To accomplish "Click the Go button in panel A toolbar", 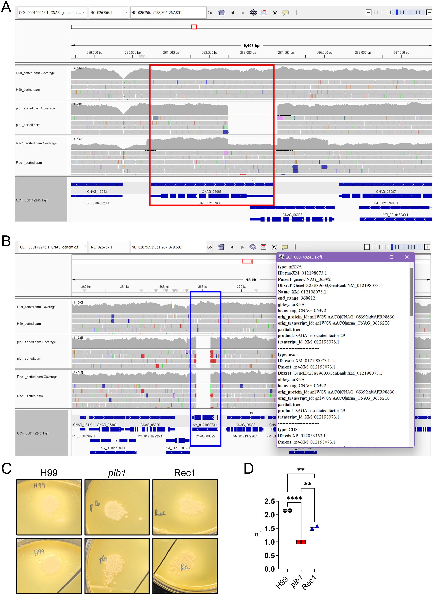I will click(210, 13).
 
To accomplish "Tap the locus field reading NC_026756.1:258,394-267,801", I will click(168, 13).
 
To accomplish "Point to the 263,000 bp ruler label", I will click(248, 53).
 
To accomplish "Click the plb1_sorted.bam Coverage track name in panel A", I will click(35, 108).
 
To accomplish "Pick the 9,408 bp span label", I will click(251, 46).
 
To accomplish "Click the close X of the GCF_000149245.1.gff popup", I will click(407, 257).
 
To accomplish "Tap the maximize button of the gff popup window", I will click(391, 257).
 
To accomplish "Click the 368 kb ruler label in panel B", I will click(203, 287).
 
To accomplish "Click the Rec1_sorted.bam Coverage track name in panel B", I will click(37, 377).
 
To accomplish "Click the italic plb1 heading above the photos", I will click(117, 473).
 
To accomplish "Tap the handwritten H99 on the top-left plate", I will click(39, 485).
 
